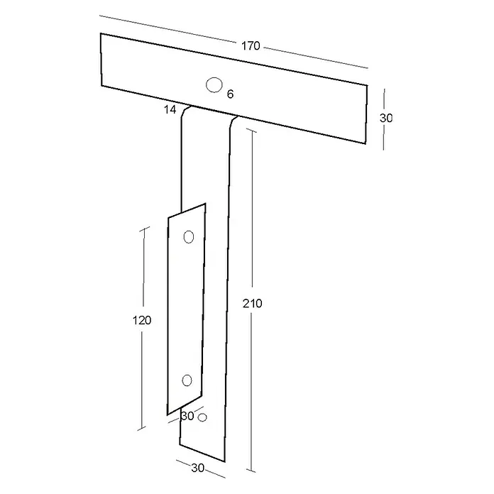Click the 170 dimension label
251,46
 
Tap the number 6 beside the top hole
230,94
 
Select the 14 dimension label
170,109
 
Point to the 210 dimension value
253,303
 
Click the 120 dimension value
142,320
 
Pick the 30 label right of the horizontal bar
386,118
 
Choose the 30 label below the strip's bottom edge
198,468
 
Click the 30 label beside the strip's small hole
187,416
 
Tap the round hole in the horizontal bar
214,84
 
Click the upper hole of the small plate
189,237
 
